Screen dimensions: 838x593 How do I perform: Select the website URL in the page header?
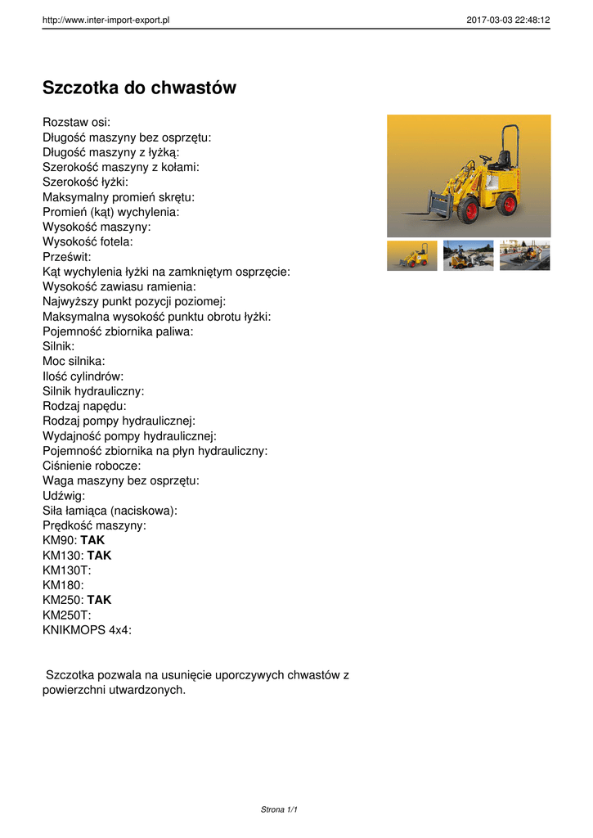(106, 20)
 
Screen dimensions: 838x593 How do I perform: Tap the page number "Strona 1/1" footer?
(279, 809)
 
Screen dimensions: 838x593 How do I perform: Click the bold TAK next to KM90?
(92, 540)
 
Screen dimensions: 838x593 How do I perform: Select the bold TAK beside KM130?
(99, 555)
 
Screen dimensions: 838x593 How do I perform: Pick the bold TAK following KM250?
(99, 600)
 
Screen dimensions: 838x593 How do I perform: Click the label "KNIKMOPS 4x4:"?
(87, 629)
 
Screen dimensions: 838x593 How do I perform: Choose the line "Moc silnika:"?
(74, 361)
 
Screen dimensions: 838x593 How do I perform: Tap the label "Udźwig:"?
(64, 495)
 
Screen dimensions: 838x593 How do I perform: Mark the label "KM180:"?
(63, 585)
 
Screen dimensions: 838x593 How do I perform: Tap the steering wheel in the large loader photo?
(485, 158)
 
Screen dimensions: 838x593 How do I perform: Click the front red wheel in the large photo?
(469, 212)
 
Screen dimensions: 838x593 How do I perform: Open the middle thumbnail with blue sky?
(469, 255)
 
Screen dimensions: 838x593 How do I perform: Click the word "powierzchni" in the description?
(75, 690)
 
